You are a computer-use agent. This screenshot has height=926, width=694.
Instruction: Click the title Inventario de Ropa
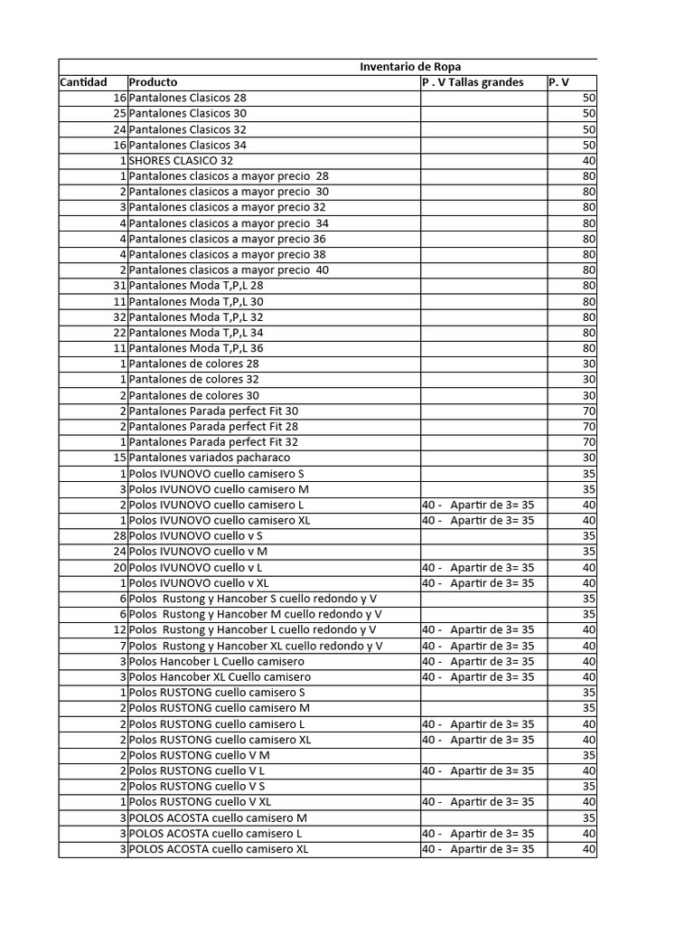(x=410, y=67)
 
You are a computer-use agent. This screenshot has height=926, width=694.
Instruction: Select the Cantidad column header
(x=83, y=82)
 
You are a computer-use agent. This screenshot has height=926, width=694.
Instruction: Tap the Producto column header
(x=153, y=82)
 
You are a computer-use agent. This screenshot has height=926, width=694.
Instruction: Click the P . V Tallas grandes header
(x=473, y=82)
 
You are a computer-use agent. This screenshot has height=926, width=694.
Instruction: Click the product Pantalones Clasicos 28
(x=187, y=98)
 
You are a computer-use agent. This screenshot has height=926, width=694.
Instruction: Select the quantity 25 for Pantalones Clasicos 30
(x=119, y=113)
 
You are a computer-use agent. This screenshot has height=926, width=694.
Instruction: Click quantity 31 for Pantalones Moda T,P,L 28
(x=119, y=285)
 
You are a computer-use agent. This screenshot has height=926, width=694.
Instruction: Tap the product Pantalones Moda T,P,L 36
(x=196, y=347)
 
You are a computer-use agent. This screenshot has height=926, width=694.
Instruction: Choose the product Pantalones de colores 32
(x=193, y=379)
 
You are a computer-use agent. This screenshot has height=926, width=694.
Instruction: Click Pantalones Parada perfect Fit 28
(x=213, y=426)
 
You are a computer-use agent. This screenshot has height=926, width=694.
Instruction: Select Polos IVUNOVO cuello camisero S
(x=216, y=473)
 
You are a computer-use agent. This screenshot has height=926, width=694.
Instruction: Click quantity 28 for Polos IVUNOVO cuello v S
(x=118, y=535)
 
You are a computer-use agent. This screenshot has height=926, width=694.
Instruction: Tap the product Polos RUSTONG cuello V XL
(x=200, y=801)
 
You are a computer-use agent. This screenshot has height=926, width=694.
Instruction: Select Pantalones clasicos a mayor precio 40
(x=229, y=269)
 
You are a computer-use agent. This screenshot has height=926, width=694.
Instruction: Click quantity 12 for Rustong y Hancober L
(x=119, y=629)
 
